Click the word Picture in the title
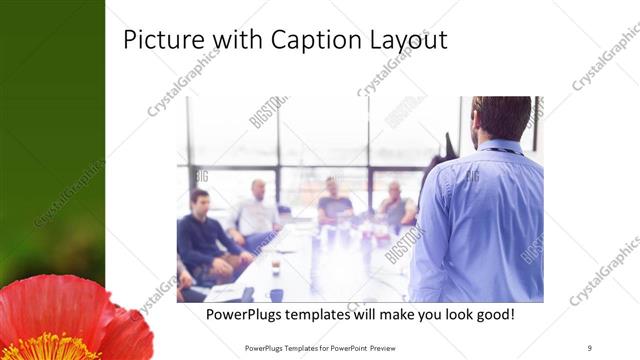(160, 41)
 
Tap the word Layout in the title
(406, 41)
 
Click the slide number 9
(590, 347)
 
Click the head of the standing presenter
(501, 117)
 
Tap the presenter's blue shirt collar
(500, 147)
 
